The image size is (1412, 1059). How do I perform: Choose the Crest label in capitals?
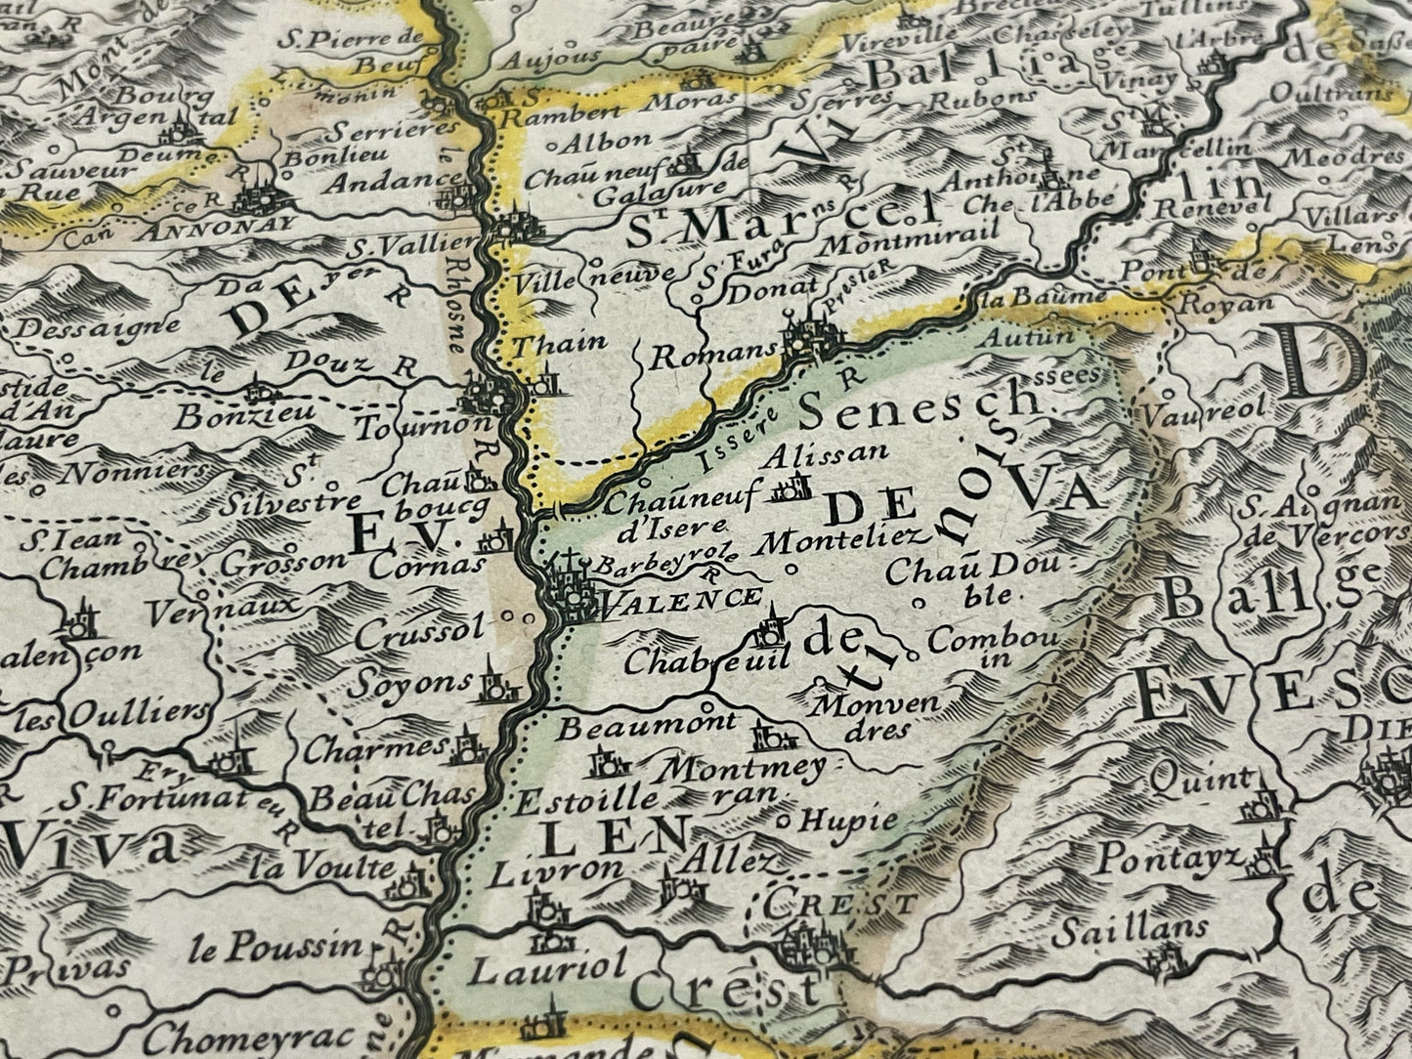coord(841,904)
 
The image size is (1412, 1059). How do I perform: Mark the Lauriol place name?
coord(547,968)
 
